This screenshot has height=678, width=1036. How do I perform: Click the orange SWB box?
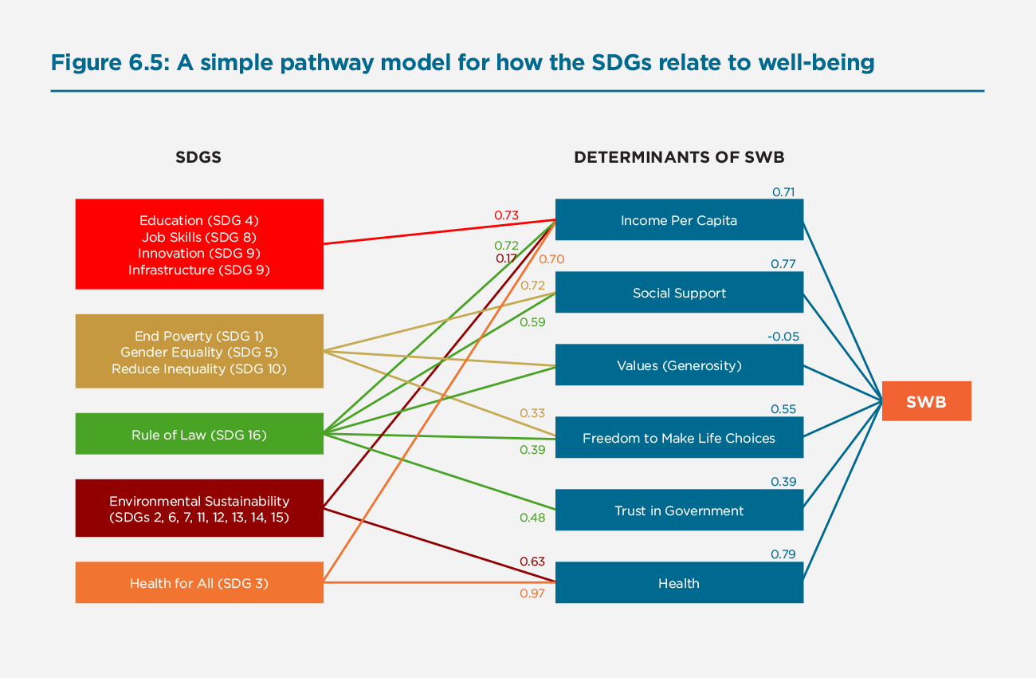(926, 401)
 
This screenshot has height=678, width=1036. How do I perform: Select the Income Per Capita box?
(679, 220)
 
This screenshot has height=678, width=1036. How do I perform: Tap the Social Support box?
(679, 293)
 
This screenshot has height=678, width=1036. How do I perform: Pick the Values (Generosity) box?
(679, 365)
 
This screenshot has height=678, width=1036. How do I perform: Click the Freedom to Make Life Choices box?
(679, 438)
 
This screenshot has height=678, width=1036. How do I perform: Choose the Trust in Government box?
(679, 510)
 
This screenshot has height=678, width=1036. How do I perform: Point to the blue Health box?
(679, 583)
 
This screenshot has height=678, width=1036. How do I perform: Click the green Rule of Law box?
(199, 435)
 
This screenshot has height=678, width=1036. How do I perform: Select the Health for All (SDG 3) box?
(199, 583)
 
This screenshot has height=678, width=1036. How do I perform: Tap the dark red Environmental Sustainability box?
(199, 509)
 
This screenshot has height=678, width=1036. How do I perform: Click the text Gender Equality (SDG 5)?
(199, 352)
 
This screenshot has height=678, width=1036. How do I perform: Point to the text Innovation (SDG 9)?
(199, 253)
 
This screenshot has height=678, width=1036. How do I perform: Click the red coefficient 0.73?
(506, 215)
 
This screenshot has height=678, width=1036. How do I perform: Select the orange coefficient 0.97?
(532, 593)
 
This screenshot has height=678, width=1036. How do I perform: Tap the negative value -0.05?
(783, 337)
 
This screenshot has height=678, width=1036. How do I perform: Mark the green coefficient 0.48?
(532, 518)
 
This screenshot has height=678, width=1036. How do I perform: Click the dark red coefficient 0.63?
(532, 562)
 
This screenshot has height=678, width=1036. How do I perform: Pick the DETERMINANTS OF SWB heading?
(679, 157)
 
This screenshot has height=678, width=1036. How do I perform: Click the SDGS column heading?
(198, 157)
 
